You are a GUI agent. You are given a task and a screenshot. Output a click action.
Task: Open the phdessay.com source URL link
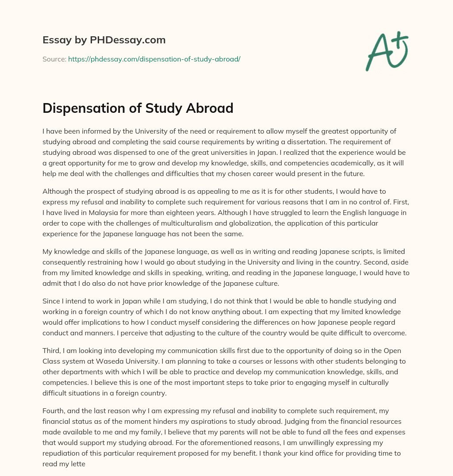[x=154, y=59]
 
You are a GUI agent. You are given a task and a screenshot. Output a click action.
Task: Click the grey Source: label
[x=54, y=59]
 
